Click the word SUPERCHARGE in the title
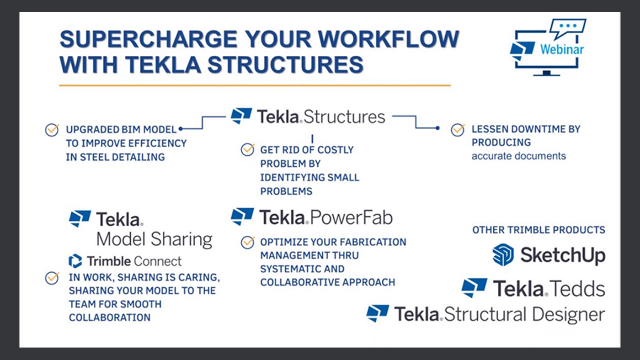click(x=148, y=39)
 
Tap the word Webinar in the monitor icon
click(x=562, y=49)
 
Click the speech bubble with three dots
click(x=568, y=28)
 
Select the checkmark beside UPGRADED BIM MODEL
click(x=52, y=130)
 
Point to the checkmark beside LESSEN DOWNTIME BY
click(x=458, y=130)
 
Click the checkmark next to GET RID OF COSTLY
click(x=247, y=149)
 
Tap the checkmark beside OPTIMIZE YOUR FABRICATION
click(x=247, y=242)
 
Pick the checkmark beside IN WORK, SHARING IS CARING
click(x=52, y=278)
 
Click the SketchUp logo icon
click(x=503, y=254)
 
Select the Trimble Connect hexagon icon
click(x=75, y=261)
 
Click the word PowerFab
click(x=351, y=218)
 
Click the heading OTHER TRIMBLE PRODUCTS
click(x=539, y=230)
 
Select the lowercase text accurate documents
click(x=518, y=156)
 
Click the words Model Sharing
click(x=155, y=239)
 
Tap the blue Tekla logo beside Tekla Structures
click(x=241, y=116)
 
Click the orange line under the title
click(x=255, y=85)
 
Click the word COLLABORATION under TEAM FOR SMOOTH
click(x=110, y=318)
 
